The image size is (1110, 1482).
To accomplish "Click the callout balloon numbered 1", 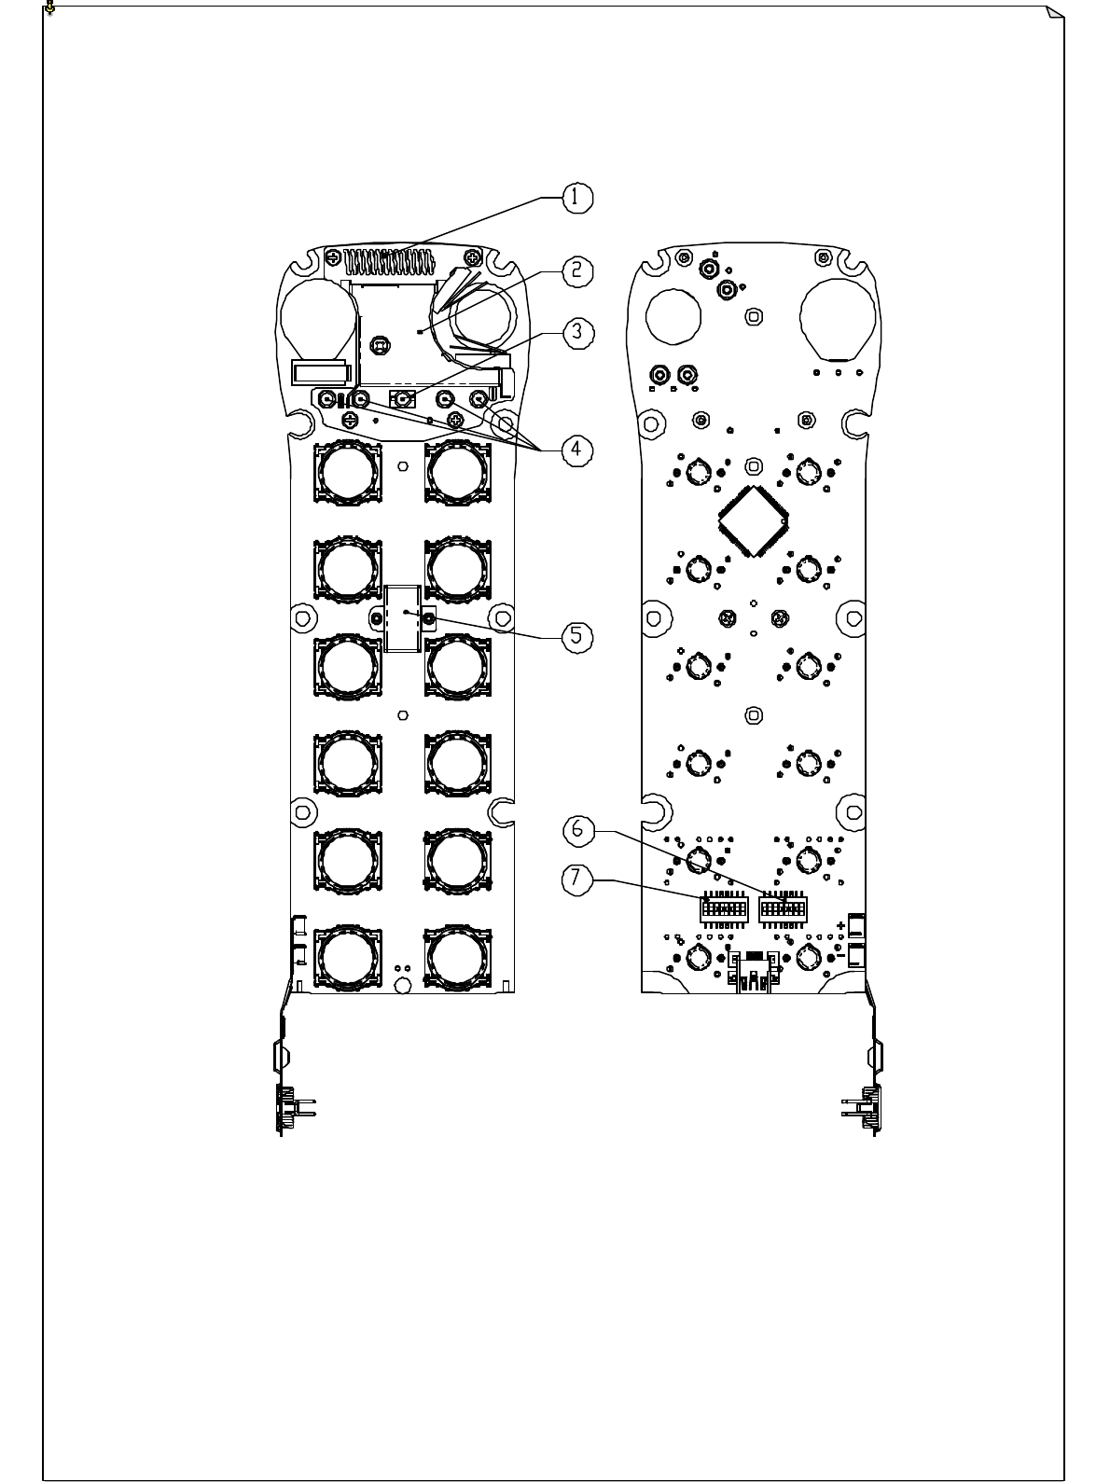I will (576, 197).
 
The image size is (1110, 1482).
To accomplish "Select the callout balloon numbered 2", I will (576, 270).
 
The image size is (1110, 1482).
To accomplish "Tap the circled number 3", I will (576, 330).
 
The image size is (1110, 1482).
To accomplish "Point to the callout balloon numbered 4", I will (576, 449).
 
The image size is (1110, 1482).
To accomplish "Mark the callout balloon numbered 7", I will (576, 878).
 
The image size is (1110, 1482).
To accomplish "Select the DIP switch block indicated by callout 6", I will (782, 907).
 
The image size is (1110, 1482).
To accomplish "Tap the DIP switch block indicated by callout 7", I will (723, 907).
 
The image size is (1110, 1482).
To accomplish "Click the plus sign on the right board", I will (842, 926).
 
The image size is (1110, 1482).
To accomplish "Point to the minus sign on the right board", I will (842, 957).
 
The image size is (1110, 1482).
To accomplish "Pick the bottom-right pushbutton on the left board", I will (457, 959).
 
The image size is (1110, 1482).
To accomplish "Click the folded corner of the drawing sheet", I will (1054, 13).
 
